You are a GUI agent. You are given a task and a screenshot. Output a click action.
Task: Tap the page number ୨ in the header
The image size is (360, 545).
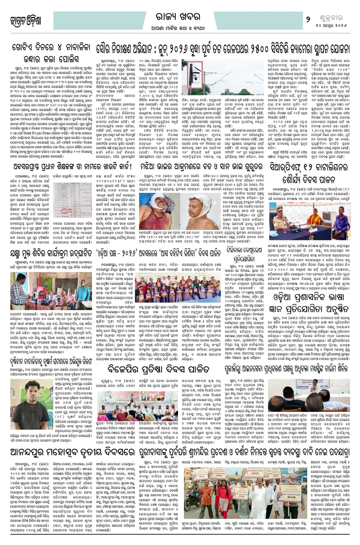(x=308, y=18)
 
